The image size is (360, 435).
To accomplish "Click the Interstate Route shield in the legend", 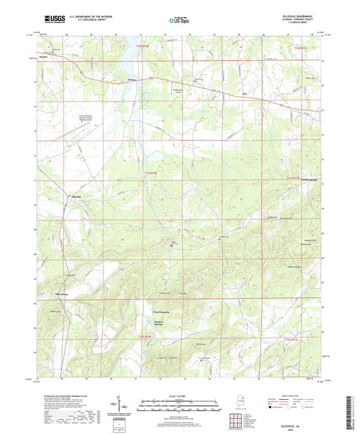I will click(x=272, y=409).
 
